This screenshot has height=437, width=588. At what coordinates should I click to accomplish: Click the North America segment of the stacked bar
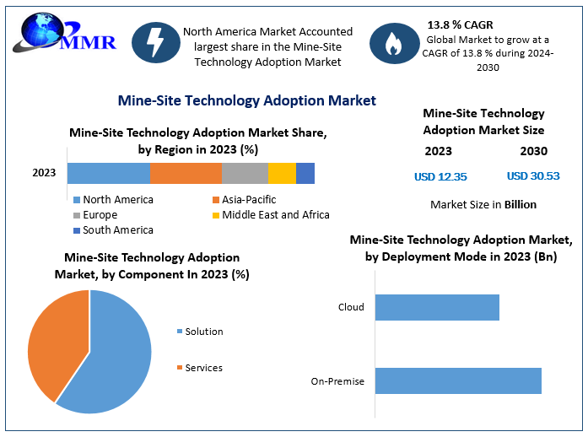108,173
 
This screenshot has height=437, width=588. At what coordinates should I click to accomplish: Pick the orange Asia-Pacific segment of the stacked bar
186,173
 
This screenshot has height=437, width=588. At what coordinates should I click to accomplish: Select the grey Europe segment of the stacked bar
245,173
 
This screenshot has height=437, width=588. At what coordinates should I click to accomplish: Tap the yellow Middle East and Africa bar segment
282,173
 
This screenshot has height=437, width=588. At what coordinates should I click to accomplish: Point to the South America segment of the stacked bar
305,173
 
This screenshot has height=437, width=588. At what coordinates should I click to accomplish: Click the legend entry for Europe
99,215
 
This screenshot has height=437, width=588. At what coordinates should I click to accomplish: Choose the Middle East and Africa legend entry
269,215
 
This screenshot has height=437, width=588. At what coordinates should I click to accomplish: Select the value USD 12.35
440,177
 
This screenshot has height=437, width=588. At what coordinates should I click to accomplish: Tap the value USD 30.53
533,176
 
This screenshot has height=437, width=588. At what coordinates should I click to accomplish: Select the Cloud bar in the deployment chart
437,307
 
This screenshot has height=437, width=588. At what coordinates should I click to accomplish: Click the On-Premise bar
458,380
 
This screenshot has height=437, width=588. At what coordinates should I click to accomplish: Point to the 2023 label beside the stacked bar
44,173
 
